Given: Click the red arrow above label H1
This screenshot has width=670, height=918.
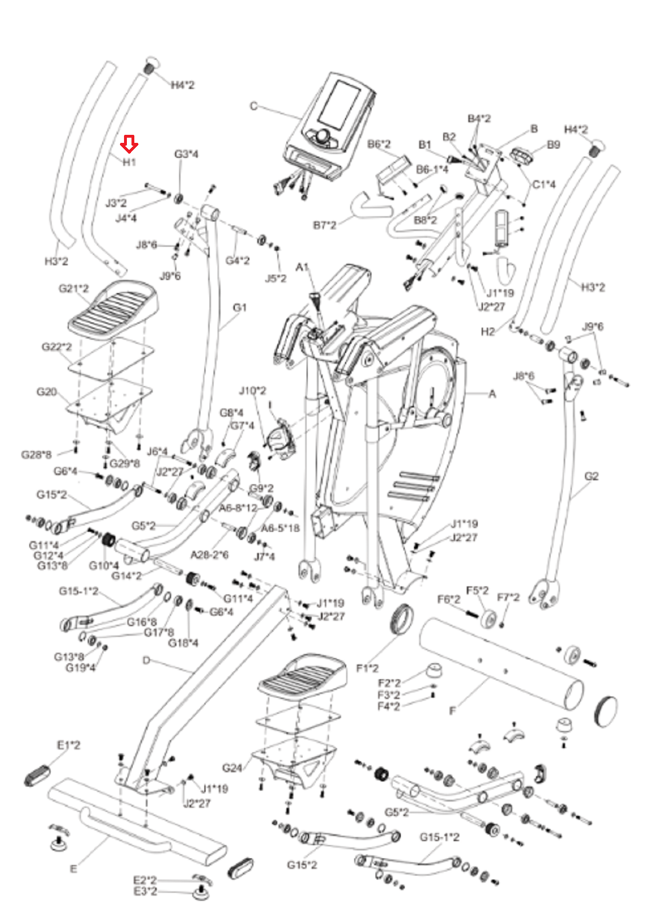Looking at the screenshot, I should tap(129, 144).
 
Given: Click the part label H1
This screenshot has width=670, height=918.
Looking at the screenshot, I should tap(129, 162).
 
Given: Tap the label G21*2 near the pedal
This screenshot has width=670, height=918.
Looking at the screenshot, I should tap(73, 288).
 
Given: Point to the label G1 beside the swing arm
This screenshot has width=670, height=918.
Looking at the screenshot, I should tap(239, 308).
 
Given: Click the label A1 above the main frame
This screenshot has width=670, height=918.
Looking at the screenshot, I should tap(303, 267).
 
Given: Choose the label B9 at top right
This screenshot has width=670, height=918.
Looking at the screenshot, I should tap(553, 145).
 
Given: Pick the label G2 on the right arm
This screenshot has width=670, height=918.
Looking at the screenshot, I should tap(591, 476).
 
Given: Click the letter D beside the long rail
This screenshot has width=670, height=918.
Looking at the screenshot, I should tap(146, 660).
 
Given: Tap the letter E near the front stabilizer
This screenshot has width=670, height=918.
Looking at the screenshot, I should tap(73, 869).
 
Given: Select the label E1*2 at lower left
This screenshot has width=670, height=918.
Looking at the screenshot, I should tap(68, 745).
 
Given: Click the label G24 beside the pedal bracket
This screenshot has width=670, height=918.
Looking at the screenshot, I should tap(232, 768).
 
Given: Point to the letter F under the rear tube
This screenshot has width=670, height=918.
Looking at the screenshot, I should tap(452, 710).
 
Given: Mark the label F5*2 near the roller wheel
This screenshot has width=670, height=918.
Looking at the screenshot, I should tap(477, 590).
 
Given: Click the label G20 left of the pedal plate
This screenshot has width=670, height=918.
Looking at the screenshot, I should tap(47, 392).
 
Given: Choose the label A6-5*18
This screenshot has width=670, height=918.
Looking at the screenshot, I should tap(280, 528).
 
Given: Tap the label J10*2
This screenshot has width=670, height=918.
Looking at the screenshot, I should tap(253, 391).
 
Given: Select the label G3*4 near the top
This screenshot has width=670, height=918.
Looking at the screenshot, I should tap(186, 154).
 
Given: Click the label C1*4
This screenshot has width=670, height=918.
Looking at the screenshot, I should tap(544, 185).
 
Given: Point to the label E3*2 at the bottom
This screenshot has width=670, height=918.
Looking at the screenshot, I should tap(145, 891).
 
